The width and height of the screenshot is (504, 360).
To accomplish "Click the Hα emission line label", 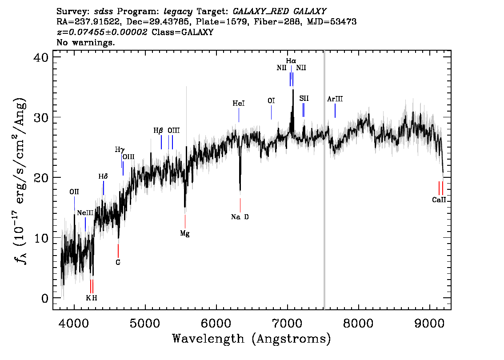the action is tap(291, 61).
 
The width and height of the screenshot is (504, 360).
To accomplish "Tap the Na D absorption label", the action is tap(240, 217).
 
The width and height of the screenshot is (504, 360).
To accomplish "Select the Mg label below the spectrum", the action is tap(185, 233).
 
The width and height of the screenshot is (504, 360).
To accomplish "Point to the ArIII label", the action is tap(335, 99).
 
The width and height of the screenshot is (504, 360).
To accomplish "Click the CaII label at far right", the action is tap(439, 200).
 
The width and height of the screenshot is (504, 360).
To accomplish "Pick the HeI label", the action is tap(239, 104).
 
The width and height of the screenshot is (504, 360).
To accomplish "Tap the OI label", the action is tap(271, 101).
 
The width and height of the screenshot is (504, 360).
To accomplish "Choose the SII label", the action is tap(304, 98).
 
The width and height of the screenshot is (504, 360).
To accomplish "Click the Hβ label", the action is tap(158, 131).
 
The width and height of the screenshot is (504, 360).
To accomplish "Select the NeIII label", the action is tap(85, 213).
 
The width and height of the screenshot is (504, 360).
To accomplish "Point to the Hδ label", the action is tap(103, 176).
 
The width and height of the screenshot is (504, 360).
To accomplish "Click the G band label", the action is tap(118, 263).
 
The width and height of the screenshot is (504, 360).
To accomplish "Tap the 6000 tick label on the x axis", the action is tap(216, 322).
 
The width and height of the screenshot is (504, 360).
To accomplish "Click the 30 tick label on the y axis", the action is tap(41, 117).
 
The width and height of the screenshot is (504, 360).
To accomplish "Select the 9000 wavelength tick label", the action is tap(429, 322).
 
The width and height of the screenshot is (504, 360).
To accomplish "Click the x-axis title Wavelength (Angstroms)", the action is tap(252, 339).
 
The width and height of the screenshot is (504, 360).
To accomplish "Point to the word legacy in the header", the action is tap(178, 12).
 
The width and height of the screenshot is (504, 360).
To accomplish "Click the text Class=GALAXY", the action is tap(183, 32).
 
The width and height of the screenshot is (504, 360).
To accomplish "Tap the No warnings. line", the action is tap(85, 42).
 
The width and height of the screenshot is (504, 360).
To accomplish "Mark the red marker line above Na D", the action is tap(240, 205).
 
